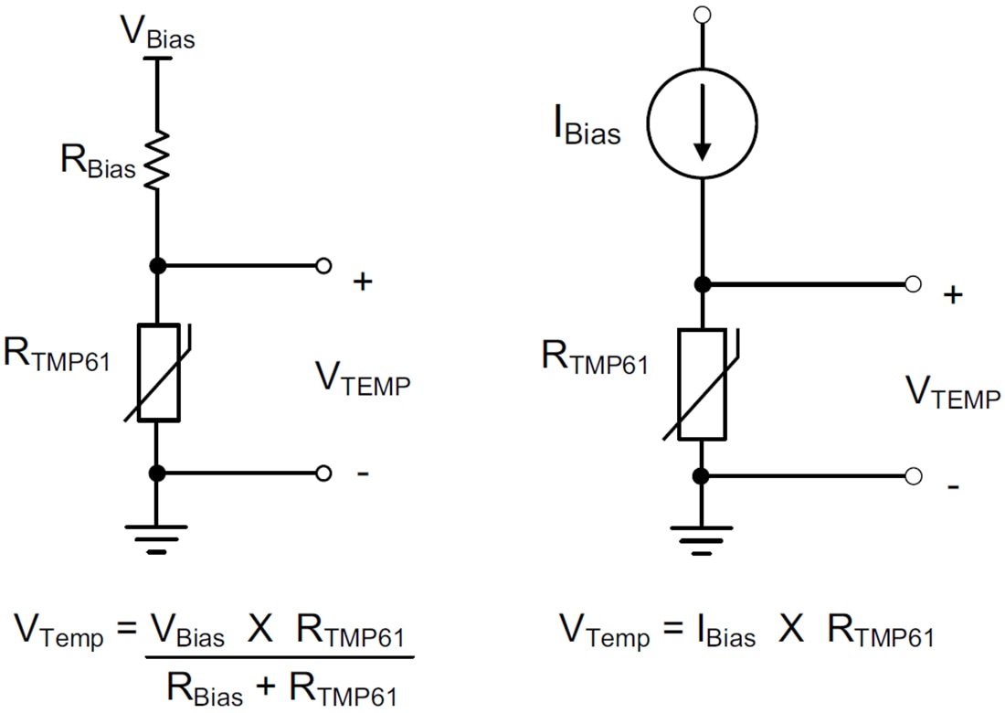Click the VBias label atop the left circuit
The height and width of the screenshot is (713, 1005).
click(157, 33)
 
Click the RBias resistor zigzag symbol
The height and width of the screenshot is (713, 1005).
click(157, 160)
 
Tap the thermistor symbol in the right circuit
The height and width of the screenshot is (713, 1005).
click(703, 384)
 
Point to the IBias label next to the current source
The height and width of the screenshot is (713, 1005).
click(586, 129)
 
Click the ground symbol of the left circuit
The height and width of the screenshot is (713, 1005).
click(157, 536)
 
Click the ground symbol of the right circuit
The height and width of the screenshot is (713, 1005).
click(703, 538)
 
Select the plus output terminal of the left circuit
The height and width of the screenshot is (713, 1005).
click(323, 266)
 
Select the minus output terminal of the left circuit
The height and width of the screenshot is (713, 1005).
click(323, 474)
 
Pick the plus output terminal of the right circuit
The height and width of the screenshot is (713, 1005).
click(913, 284)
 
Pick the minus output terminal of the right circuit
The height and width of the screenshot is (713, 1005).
click(913, 476)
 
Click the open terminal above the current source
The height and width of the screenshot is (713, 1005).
click(702, 14)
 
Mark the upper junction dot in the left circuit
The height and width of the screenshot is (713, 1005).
click(157, 266)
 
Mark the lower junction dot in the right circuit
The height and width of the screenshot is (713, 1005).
click(702, 476)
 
